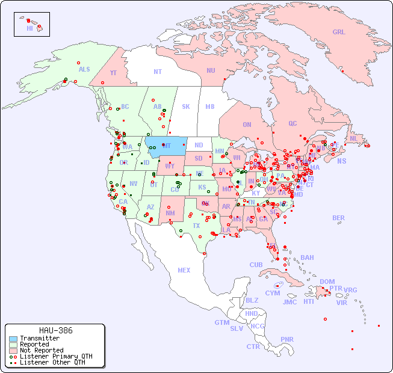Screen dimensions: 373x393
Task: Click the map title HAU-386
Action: [x=55, y=330]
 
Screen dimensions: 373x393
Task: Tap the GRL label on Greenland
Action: [x=339, y=32]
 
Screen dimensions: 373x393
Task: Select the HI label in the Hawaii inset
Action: [x=29, y=28]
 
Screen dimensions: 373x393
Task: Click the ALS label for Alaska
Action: [x=84, y=70]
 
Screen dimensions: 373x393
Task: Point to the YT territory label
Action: [x=113, y=72]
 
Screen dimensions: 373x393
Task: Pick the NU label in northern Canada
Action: [x=211, y=70]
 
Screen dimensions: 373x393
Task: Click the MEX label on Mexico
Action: [x=184, y=270]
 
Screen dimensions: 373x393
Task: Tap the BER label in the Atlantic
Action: [x=338, y=218]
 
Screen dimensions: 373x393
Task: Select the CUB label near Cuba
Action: [x=256, y=265]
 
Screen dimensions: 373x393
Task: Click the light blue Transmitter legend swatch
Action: [x=13, y=339]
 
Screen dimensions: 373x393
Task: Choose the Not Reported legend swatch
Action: [x=13, y=350]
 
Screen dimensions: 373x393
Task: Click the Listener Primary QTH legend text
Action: [x=55, y=356]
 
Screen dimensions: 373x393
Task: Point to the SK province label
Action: [x=185, y=106]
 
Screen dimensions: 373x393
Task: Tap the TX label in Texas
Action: [x=196, y=226]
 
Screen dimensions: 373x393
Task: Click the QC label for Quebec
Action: [x=292, y=123]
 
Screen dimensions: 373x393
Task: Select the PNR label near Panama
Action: [x=287, y=339]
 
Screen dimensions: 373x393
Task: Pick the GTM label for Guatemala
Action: [x=221, y=322]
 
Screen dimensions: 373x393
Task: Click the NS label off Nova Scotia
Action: [x=341, y=161]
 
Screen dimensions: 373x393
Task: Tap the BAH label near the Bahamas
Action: [x=307, y=257]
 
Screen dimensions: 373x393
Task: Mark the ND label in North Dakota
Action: [x=199, y=145]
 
